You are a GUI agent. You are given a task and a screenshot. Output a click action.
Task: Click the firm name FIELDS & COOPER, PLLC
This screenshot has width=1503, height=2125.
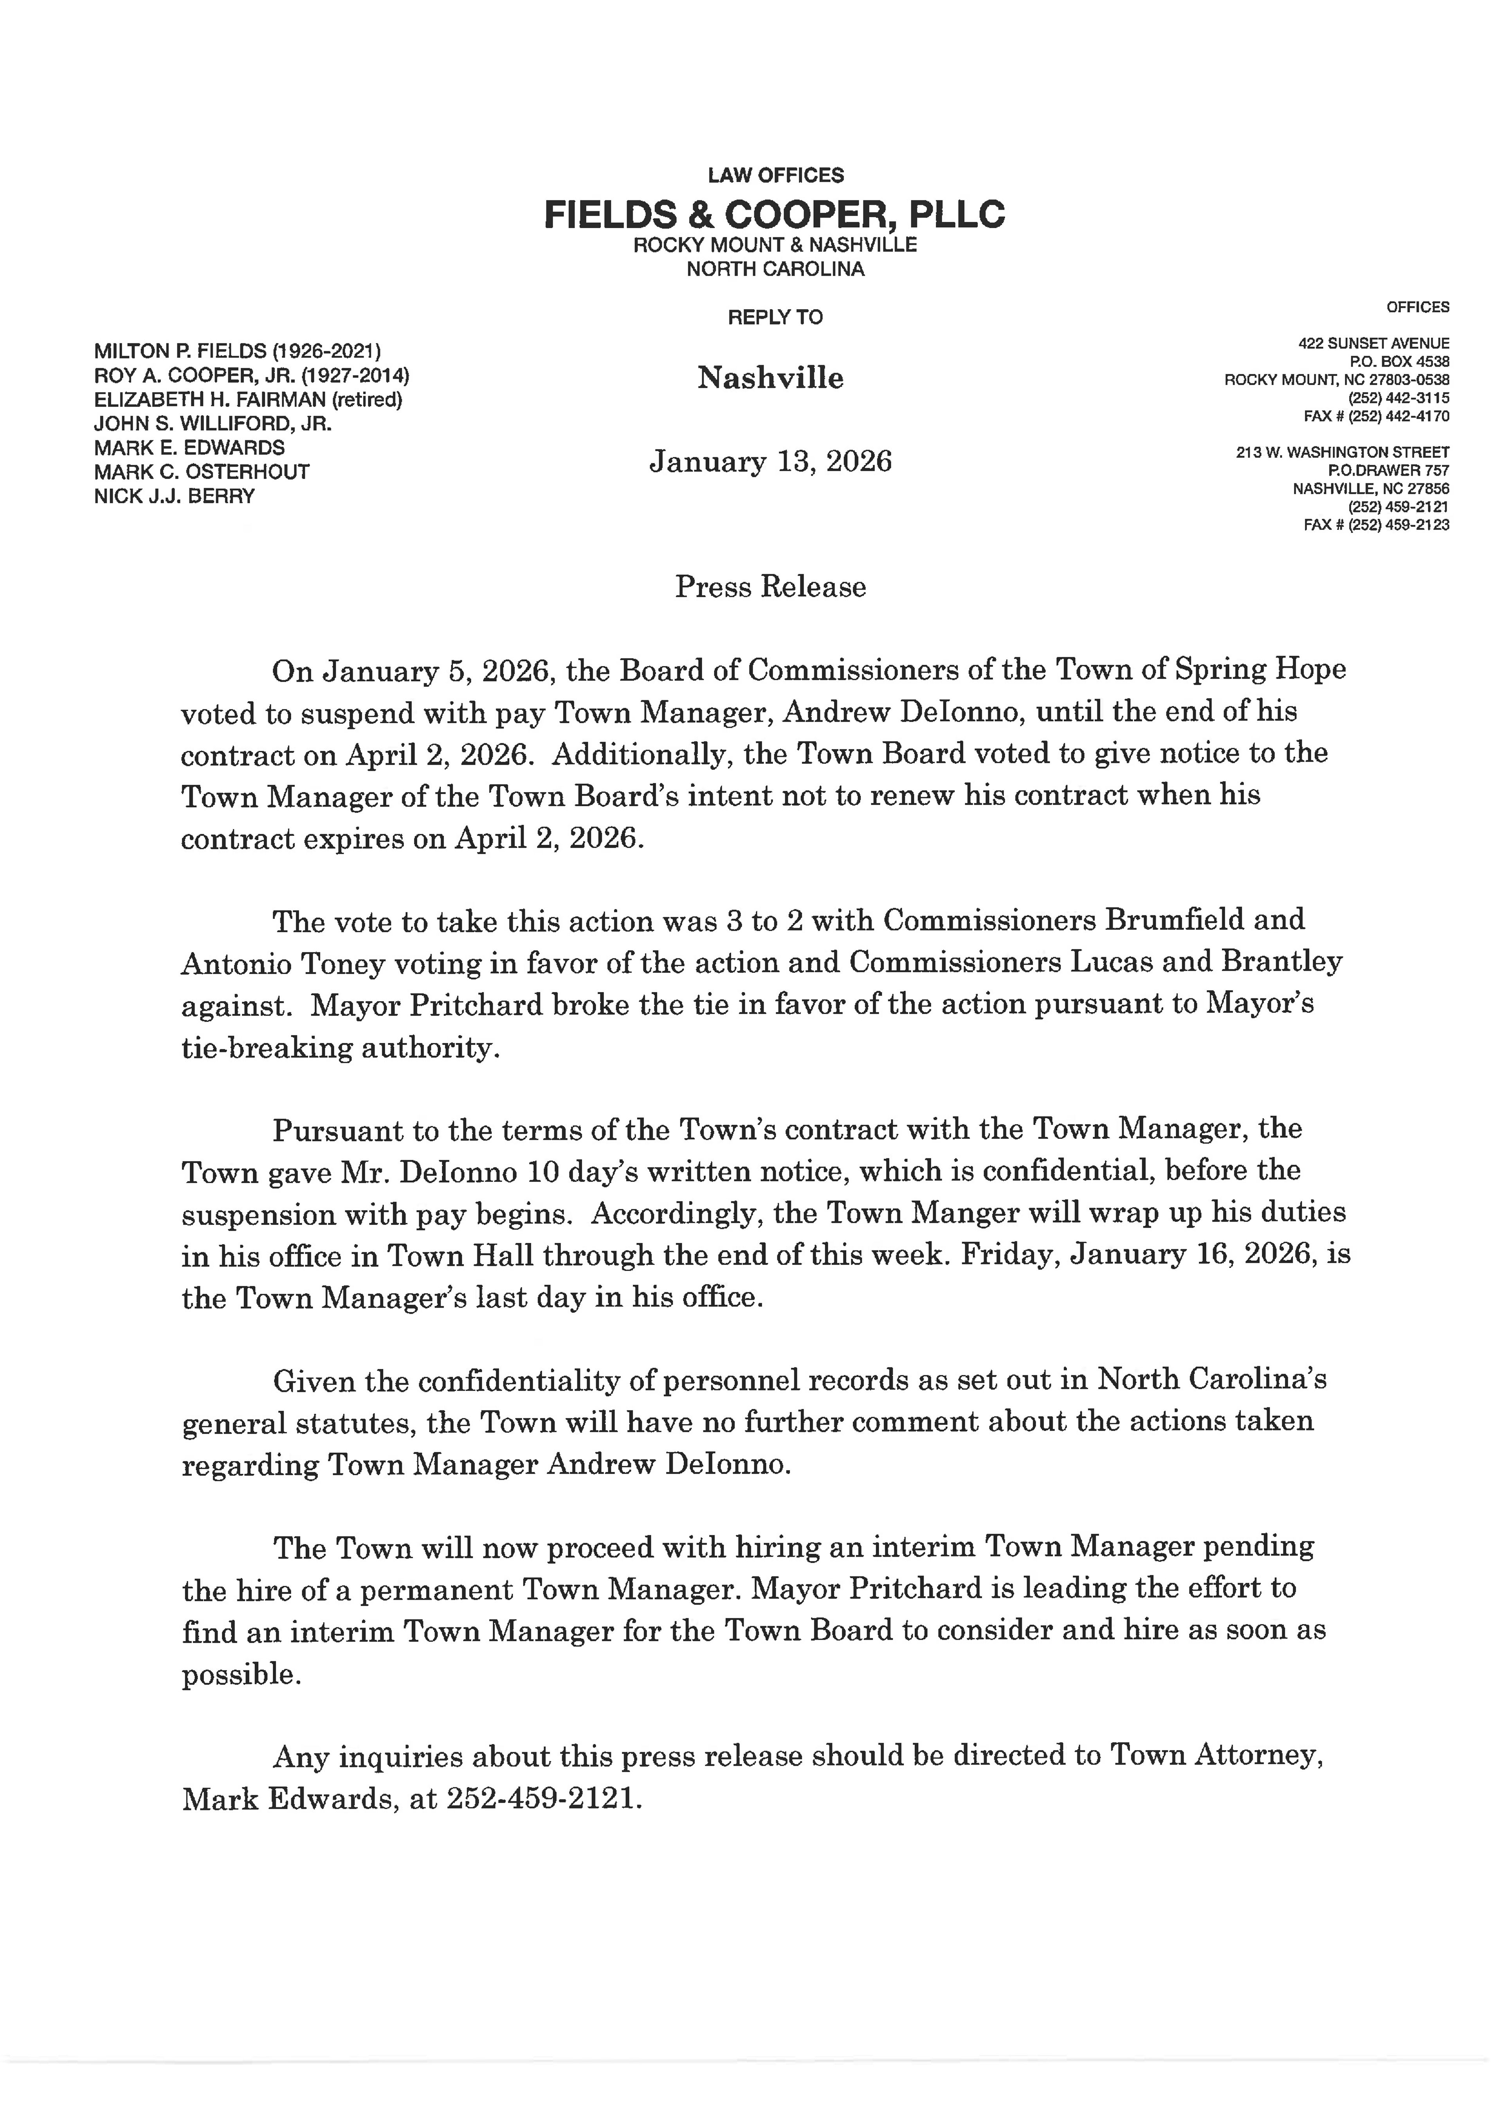click(x=774, y=215)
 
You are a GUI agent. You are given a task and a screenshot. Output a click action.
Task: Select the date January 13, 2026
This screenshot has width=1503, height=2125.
click(x=770, y=461)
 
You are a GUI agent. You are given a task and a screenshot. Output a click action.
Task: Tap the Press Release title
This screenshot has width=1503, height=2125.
click(x=770, y=587)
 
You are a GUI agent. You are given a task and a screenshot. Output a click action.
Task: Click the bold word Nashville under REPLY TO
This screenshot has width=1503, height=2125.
click(x=770, y=378)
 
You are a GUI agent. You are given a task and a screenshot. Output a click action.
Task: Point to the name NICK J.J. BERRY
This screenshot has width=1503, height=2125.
click(x=174, y=496)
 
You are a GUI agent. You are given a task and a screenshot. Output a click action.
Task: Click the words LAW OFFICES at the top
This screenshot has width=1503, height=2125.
click(x=775, y=175)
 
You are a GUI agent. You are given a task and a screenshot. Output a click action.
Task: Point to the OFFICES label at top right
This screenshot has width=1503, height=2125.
click(x=1418, y=307)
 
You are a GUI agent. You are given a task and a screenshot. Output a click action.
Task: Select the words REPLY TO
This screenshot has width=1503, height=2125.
click(x=775, y=317)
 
